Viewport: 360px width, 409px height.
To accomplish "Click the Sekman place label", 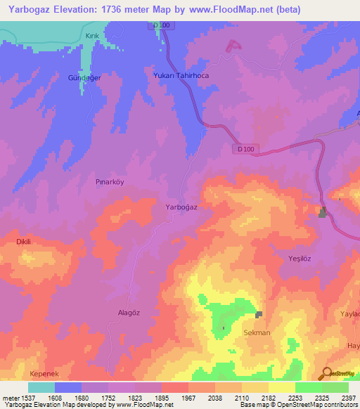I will point(257,332).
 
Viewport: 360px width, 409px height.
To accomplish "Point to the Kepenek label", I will point(44,373).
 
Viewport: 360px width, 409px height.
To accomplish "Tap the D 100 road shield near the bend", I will point(245,148).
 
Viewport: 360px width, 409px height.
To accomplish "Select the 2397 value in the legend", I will point(348,397).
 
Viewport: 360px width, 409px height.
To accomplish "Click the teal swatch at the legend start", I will point(41,387).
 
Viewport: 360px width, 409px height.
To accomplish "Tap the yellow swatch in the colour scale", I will point(282,387).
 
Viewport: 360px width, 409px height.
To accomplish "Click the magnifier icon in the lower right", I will point(326,373).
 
